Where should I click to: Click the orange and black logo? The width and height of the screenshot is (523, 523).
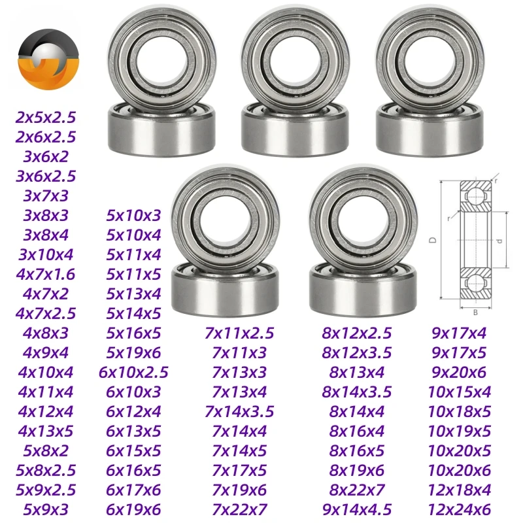pyautogui.click(x=48, y=59)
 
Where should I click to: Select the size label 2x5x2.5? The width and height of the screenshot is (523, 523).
pyautogui.click(x=46, y=118)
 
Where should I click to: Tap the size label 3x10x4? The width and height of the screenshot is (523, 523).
pyautogui.click(x=46, y=255)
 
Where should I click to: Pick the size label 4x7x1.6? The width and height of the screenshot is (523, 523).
pyautogui.click(x=46, y=275)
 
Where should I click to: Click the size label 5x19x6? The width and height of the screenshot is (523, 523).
pyautogui.click(x=133, y=353)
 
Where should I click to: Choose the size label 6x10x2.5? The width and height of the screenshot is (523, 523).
pyautogui.click(x=133, y=373)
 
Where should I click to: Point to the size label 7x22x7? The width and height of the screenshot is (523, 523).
pyautogui.click(x=239, y=510)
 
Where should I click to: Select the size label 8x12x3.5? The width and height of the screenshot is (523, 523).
pyautogui.click(x=356, y=353)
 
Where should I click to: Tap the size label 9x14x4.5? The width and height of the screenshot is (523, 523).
pyautogui.click(x=356, y=510)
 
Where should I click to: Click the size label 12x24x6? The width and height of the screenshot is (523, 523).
pyautogui.click(x=460, y=510)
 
